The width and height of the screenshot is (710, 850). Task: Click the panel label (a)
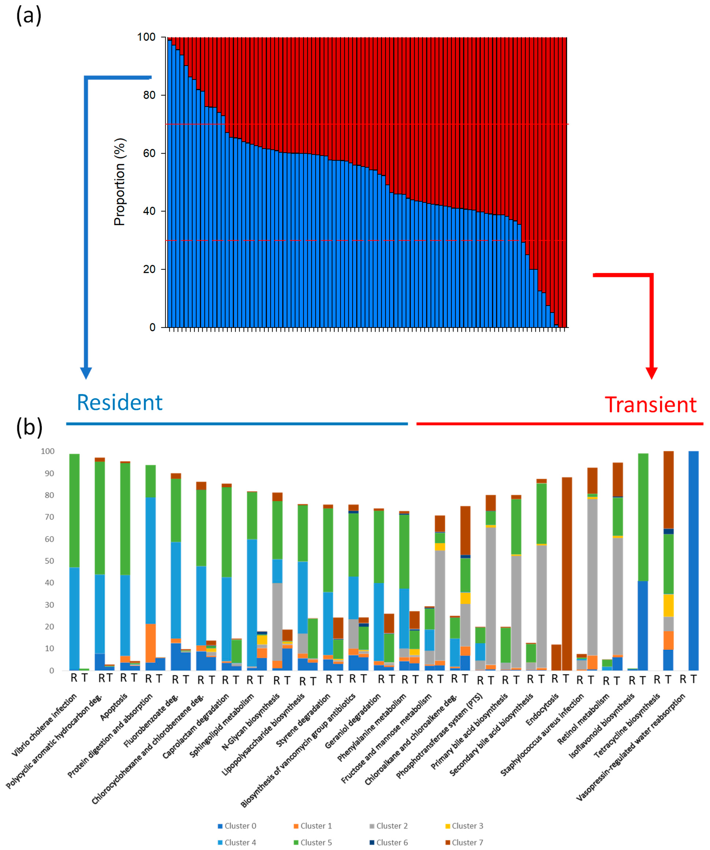pyautogui.click(x=28, y=16)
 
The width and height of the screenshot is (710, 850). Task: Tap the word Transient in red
pyautogui.click(x=651, y=405)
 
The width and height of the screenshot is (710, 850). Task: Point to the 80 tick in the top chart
pyautogui.click(x=149, y=95)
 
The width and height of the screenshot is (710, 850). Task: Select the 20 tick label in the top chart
pyautogui.click(x=149, y=269)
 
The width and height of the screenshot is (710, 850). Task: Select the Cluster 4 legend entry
pyautogui.click(x=237, y=842)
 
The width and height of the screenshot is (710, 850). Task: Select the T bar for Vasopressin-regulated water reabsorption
pyautogui.click(x=693, y=561)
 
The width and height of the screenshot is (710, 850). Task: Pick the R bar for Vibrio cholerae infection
pyautogui.click(x=74, y=562)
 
